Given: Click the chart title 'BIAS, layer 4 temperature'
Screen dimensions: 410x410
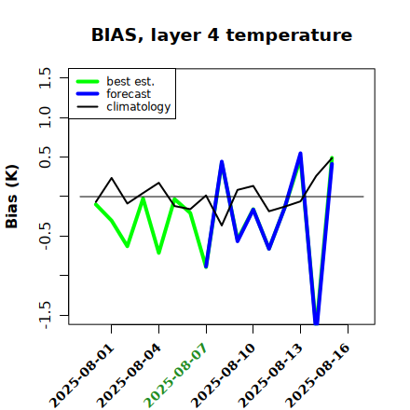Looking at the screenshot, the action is (x=222, y=35).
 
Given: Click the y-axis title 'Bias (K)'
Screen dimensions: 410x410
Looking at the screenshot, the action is (x=12, y=197).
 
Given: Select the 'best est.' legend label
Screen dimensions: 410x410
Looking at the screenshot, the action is (x=130, y=81).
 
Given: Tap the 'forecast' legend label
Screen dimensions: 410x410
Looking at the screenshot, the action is (x=129, y=94).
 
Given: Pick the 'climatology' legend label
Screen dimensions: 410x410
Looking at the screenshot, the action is (x=139, y=107).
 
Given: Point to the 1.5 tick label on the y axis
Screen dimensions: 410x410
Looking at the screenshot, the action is (x=45, y=77).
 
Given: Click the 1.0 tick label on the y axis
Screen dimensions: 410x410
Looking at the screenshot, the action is (x=45, y=117).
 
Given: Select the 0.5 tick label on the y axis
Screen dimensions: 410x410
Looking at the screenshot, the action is (x=45, y=157).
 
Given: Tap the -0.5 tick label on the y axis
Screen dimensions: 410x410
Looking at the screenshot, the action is (x=45, y=236).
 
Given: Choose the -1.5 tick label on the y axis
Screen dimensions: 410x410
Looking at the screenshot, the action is (x=45, y=315).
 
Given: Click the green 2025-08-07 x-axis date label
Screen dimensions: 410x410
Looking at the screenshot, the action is (x=176, y=376).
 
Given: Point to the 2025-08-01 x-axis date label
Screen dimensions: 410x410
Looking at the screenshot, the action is (x=82, y=376).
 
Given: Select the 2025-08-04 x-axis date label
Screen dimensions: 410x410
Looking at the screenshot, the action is (x=130, y=376).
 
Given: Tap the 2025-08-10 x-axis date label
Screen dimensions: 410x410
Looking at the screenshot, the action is (x=223, y=376).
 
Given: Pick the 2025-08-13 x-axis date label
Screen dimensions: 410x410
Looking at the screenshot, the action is (x=270, y=376).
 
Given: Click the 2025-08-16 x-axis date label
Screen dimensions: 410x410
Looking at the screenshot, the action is (x=318, y=376).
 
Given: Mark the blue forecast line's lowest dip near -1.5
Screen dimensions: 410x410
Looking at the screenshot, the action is (x=316, y=323).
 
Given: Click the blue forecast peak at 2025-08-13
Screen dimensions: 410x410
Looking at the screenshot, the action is (x=300, y=154).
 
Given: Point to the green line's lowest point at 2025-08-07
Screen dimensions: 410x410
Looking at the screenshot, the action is (x=206, y=266).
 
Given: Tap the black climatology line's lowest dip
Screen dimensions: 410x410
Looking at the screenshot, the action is (x=222, y=225).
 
